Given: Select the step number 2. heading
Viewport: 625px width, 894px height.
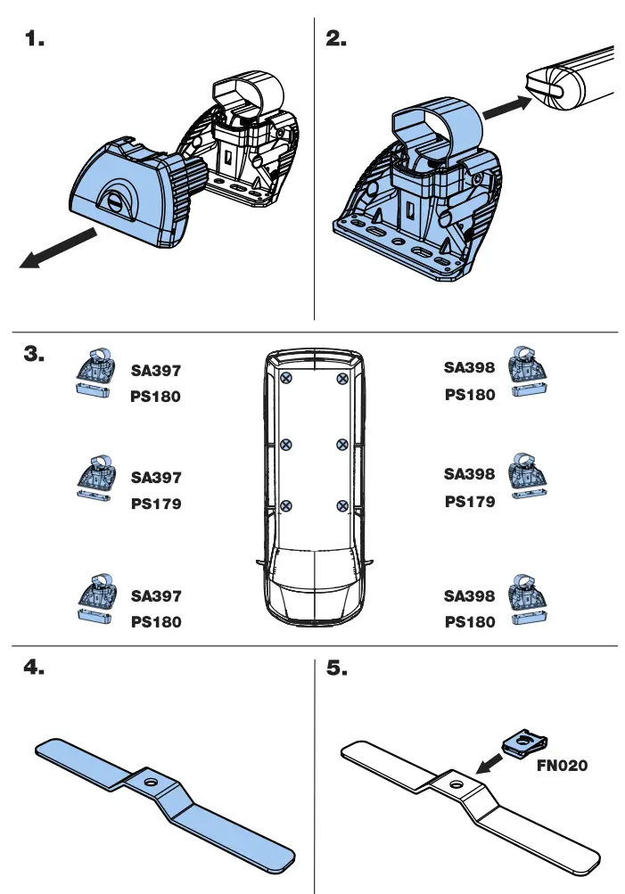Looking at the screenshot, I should tap(337, 39).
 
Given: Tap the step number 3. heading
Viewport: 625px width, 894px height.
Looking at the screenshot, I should tap(35, 355).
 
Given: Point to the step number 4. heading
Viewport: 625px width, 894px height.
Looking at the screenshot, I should tap(35, 669).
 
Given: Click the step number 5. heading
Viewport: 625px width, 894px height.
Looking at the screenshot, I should tap(338, 669).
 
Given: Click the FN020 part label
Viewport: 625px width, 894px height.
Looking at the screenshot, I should tap(562, 765).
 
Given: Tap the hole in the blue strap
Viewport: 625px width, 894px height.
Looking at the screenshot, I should tap(153, 782).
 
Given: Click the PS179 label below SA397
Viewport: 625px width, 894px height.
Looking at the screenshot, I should tap(156, 504).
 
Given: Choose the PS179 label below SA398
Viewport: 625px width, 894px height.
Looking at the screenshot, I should tap(470, 502).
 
